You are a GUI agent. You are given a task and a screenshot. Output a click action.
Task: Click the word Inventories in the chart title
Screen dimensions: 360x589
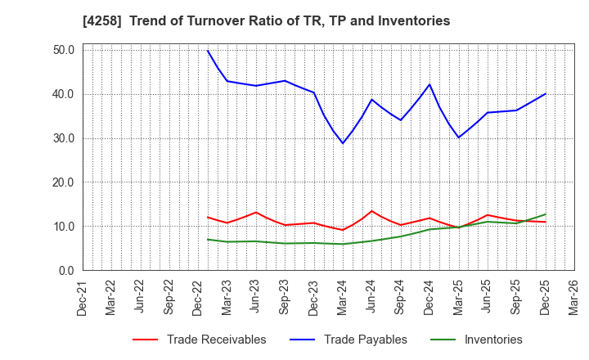pyautogui.click(x=414, y=21)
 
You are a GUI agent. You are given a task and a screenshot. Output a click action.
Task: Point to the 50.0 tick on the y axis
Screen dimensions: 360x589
pyautogui.click(x=63, y=50)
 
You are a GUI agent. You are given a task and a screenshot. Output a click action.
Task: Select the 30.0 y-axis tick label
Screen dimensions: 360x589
pyautogui.click(x=63, y=138)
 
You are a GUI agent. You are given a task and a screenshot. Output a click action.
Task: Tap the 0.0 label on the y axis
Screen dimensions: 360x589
pyautogui.click(x=66, y=271)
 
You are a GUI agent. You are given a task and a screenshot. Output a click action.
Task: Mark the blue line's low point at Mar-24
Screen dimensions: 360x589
pyautogui.click(x=343, y=143)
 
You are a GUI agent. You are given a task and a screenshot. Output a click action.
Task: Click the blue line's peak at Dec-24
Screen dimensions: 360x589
pyautogui.click(x=429, y=84)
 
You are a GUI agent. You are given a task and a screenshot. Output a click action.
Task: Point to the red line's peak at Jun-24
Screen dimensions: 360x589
pyautogui.click(x=371, y=211)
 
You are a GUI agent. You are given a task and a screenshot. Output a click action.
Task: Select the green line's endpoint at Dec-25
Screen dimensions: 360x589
pyautogui.click(x=545, y=214)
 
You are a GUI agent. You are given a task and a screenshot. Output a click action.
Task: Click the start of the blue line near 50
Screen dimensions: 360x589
pyautogui.click(x=208, y=51)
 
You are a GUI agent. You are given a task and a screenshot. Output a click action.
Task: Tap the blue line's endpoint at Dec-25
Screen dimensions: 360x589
pyautogui.click(x=545, y=93)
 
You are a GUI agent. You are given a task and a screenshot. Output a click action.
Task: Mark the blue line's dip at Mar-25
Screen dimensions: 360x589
pyautogui.click(x=458, y=137)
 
